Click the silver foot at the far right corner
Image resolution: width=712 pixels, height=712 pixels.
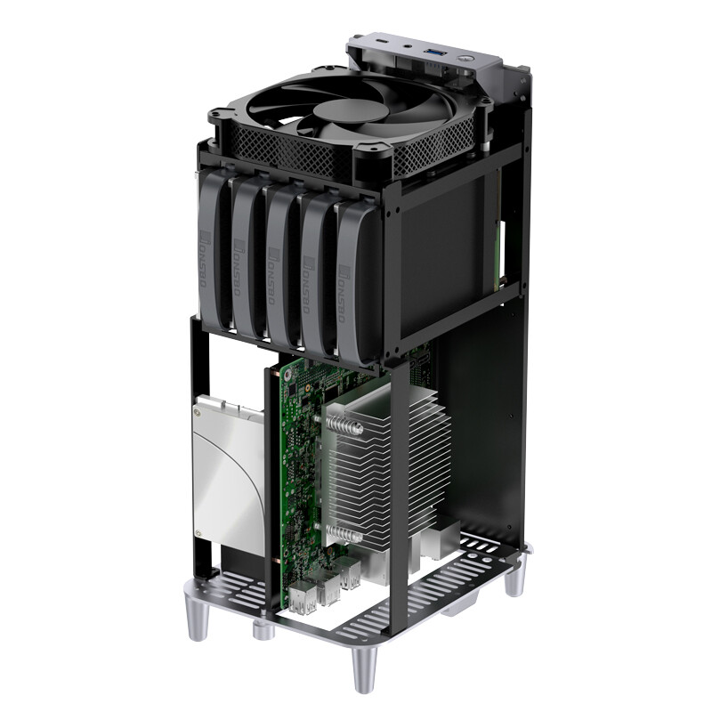click(514, 577)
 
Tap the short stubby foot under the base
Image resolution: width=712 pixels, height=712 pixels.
click(262, 631)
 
